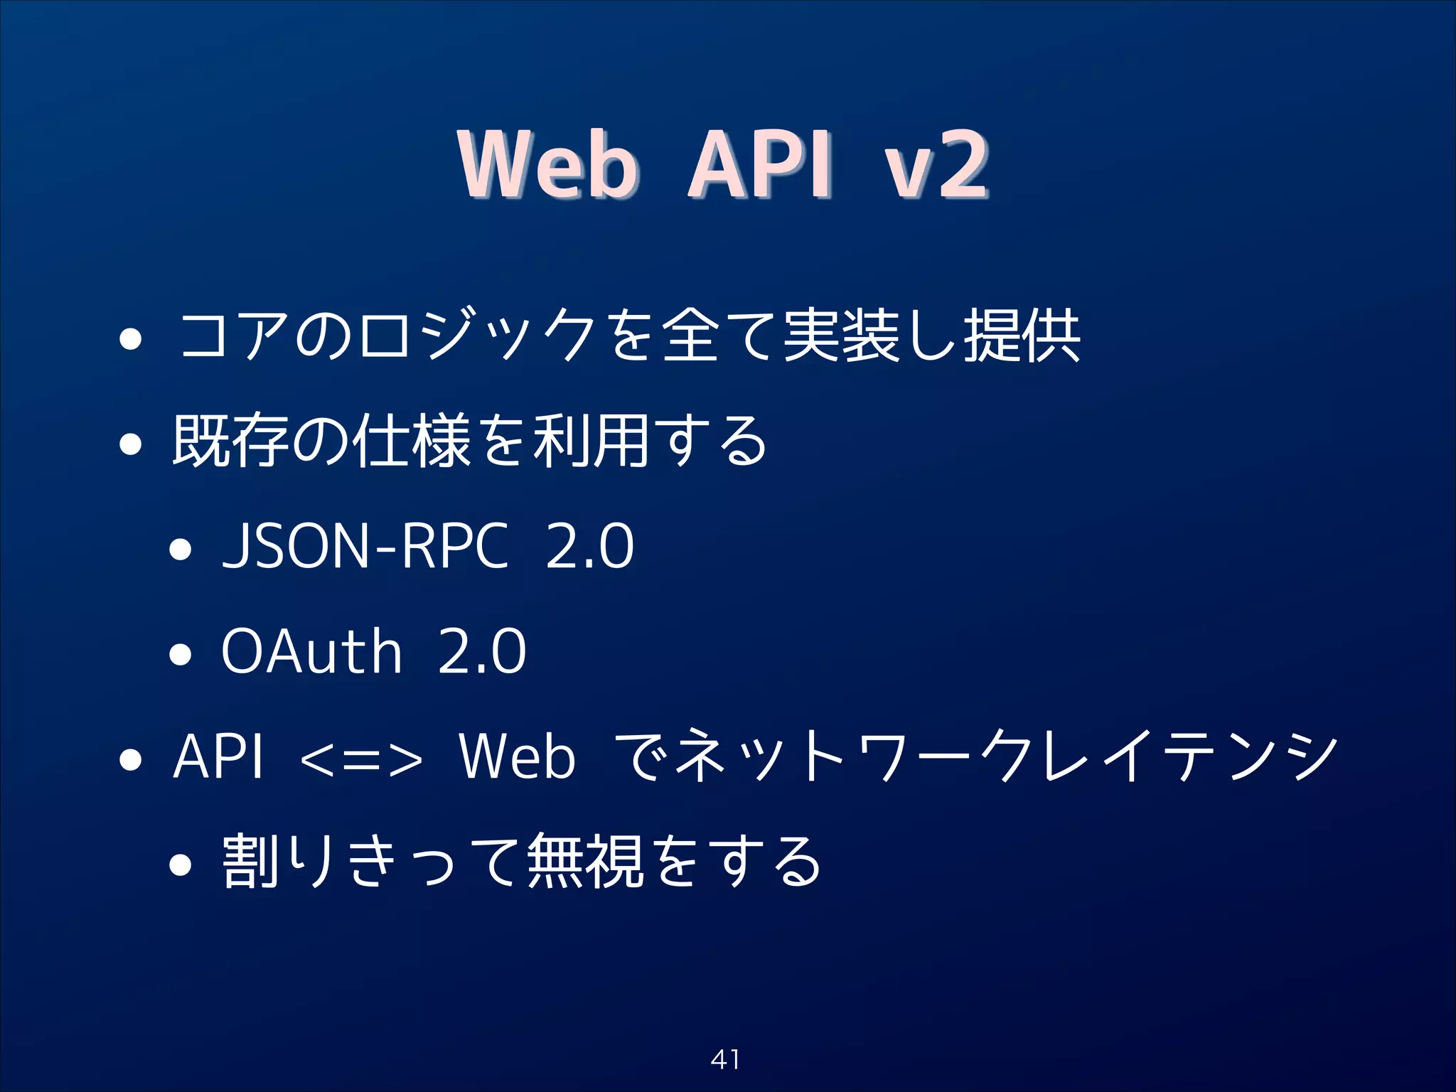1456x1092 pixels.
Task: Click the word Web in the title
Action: pyautogui.click(x=547, y=165)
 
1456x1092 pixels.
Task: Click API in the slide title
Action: pyautogui.click(x=759, y=165)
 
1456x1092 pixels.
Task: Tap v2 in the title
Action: pyautogui.click(x=936, y=166)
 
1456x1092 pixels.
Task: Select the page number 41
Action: pyautogui.click(x=725, y=1059)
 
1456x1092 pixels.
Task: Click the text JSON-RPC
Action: pyautogui.click(x=365, y=546)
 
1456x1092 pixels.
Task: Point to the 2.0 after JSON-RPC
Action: pyautogui.click(x=589, y=546)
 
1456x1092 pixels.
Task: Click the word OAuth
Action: pyautogui.click(x=311, y=651)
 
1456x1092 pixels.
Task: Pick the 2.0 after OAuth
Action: pyautogui.click(x=482, y=651)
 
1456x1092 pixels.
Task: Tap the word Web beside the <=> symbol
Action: pyautogui.click(x=517, y=756)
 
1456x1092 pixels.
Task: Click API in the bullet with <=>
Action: pyautogui.click(x=218, y=756)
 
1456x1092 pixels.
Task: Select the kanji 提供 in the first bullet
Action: pyautogui.click(x=1022, y=336)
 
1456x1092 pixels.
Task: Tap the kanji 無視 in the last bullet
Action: pyautogui.click(x=585, y=862)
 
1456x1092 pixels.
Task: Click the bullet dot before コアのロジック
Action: pyautogui.click(x=131, y=339)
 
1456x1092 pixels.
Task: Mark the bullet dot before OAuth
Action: pyautogui.click(x=181, y=654)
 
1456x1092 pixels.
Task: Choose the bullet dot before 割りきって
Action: pyautogui.click(x=181, y=864)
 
